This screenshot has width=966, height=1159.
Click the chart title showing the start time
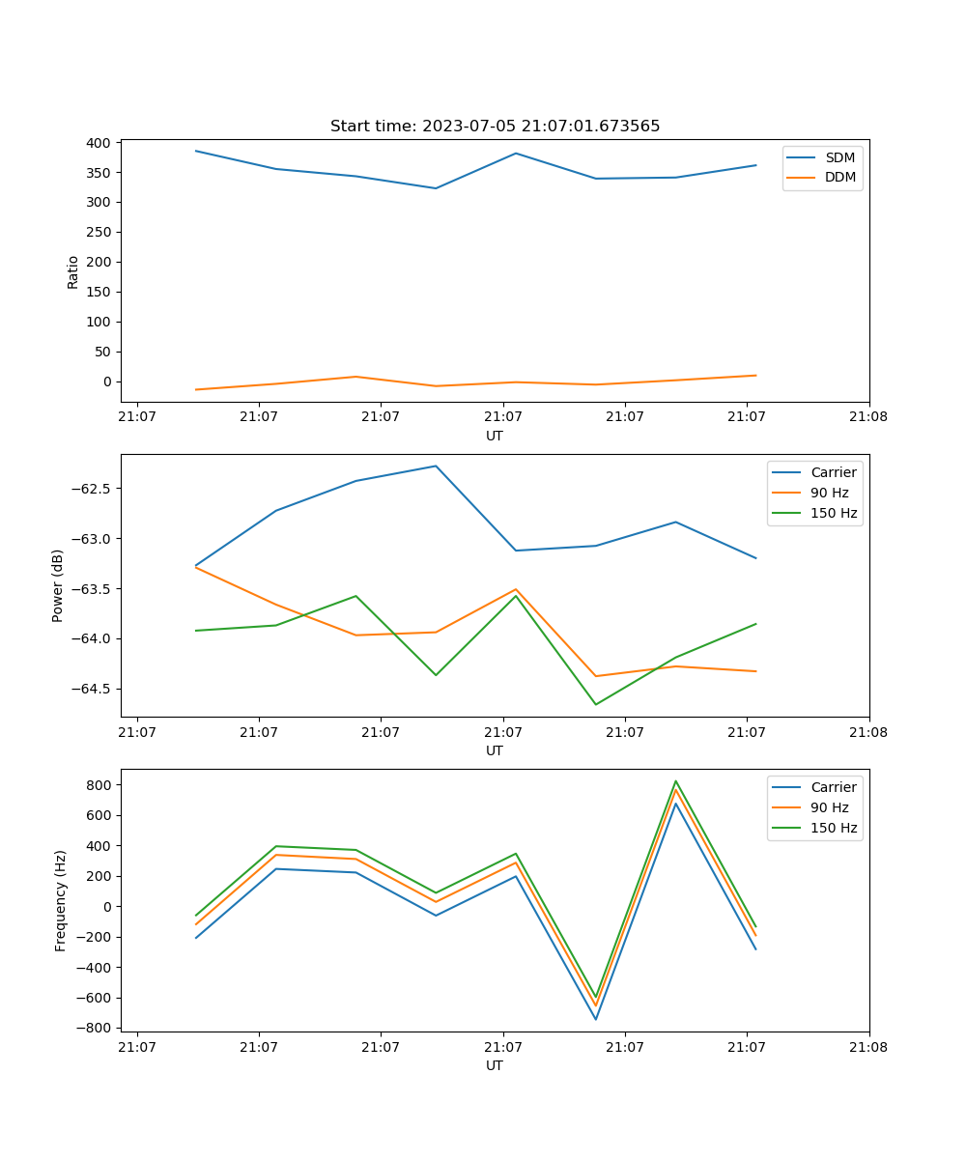click(495, 127)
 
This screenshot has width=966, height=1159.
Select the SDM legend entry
click(839, 157)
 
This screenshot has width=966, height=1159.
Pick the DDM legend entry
click(840, 178)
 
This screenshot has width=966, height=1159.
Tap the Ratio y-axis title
click(73, 271)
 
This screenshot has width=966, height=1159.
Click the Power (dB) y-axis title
click(58, 585)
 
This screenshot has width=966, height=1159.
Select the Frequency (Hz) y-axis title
click(61, 900)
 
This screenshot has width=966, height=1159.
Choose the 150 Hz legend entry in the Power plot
click(834, 513)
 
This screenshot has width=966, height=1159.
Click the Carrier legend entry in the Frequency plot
click(833, 787)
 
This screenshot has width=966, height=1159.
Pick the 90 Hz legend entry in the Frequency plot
click(829, 807)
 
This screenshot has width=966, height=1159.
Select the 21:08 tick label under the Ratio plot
click(869, 417)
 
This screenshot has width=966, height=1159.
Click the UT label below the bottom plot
click(495, 1065)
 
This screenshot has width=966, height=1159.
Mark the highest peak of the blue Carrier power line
click(436, 466)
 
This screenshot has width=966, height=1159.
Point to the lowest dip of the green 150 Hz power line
click(595, 704)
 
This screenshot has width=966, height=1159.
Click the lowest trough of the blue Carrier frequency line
click(595, 1019)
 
